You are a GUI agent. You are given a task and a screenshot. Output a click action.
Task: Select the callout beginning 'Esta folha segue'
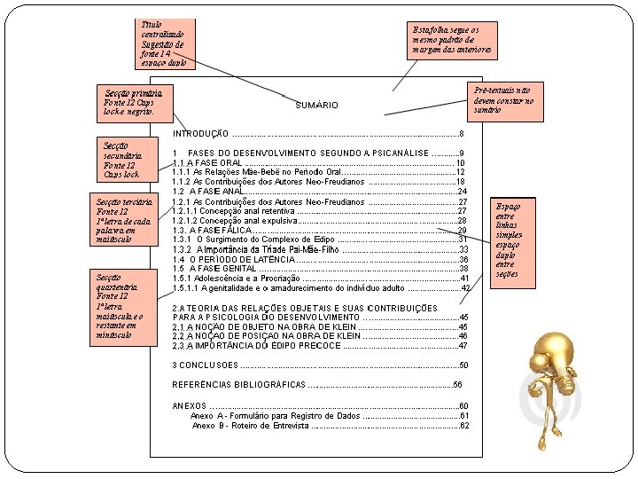click(x=449, y=41)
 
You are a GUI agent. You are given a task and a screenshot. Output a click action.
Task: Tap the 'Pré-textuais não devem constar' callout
click(x=504, y=100)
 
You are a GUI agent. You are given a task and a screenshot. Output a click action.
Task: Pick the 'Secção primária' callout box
click(x=134, y=103)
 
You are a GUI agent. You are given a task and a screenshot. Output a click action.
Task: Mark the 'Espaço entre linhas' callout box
click(x=514, y=240)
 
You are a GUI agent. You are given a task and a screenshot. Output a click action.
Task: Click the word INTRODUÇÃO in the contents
click(x=201, y=133)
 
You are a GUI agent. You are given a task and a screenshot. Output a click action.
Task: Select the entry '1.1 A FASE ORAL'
click(x=207, y=163)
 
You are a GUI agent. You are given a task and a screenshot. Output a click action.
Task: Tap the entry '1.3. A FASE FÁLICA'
click(x=213, y=231)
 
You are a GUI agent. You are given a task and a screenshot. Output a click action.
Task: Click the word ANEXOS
click(x=189, y=405)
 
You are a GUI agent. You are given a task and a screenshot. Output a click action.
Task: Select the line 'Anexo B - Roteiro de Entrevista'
click(x=251, y=426)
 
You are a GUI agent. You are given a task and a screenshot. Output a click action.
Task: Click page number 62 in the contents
click(x=465, y=426)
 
